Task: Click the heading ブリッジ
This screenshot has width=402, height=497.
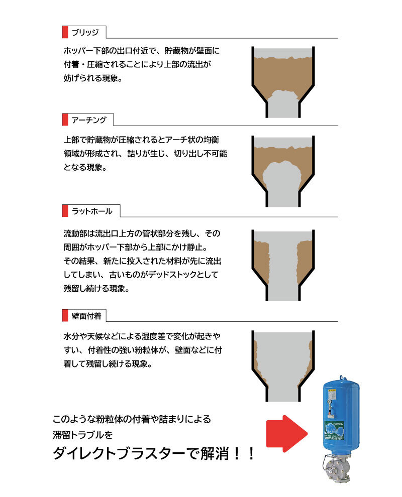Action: pos(85,32)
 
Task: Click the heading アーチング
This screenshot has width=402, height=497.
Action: pos(89,120)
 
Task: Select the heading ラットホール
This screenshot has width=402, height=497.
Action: pos(92,211)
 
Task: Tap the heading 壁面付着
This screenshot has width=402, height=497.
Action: pos(86,316)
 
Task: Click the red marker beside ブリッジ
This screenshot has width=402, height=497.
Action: pos(65,32)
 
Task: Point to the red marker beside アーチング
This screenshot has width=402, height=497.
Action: pos(65,120)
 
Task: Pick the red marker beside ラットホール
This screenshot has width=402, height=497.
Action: pos(65,211)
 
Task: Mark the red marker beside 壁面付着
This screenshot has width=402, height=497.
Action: pos(65,316)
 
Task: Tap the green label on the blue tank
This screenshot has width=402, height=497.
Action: pos(334,431)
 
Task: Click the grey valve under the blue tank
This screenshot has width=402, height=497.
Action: pos(337,467)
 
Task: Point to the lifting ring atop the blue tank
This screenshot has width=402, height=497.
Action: pos(341,378)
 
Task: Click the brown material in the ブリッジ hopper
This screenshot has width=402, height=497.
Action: pos(283,76)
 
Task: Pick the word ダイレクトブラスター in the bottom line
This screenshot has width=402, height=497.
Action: pos(119,454)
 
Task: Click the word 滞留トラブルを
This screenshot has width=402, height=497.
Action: pos(82,435)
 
